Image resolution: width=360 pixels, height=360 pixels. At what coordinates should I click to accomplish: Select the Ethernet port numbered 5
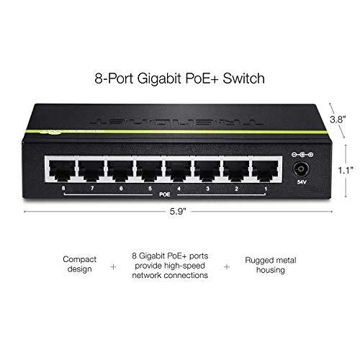(x=149, y=171)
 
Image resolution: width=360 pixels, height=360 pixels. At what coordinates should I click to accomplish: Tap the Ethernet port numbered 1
(x=266, y=171)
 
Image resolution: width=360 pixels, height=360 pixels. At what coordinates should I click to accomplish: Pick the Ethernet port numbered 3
(x=207, y=171)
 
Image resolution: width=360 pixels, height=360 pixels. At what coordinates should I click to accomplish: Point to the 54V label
(x=302, y=182)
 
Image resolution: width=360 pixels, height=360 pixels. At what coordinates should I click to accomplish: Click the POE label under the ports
(x=165, y=194)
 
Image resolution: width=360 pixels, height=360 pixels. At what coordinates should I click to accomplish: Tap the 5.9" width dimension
(x=178, y=212)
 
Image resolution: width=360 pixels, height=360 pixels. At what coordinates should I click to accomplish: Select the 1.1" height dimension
(x=346, y=171)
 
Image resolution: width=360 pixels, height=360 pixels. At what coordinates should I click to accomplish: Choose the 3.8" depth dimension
(x=338, y=120)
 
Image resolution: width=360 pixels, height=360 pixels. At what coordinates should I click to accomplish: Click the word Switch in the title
(x=243, y=78)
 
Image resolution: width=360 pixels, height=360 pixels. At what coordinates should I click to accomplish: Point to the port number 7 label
(x=92, y=189)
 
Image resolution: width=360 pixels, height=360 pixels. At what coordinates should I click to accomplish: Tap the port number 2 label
(x=237, y=189)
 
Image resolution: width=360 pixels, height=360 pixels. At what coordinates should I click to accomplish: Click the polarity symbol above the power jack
(x=302, y=155)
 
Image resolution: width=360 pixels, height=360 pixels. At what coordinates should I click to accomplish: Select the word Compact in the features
(x=79, y=260)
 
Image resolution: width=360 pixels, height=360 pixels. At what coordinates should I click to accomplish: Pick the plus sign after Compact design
(x=113, y=266)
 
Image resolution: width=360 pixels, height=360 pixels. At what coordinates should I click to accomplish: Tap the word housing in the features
(x=271, y=270)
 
